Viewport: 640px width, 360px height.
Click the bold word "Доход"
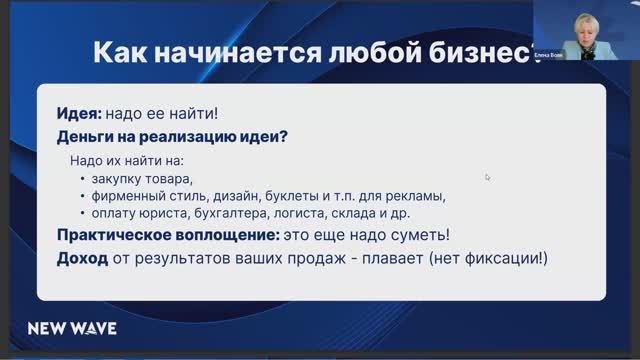click(80, 260)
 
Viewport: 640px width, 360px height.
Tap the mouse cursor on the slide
click(488, 177)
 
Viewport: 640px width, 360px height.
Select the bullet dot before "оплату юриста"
click(82, 213)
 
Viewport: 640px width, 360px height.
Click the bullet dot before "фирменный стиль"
click(82, 196)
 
